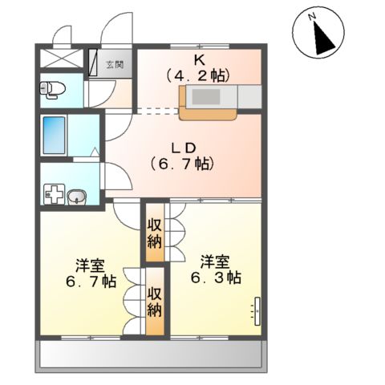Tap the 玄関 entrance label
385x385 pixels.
pyautogui.click(x=115, y=65)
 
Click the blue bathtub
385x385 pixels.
pyautogui.click(x=55, y=136)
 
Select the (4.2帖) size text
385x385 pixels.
pyautogui.click(x=198, y=76)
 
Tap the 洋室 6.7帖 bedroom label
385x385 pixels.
pyautogui.click(x=89, y=273)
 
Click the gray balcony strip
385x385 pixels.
pyautogui.click(x=152, y=354)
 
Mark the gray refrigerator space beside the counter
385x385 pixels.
pyautogui.click(x=249, y=96)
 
